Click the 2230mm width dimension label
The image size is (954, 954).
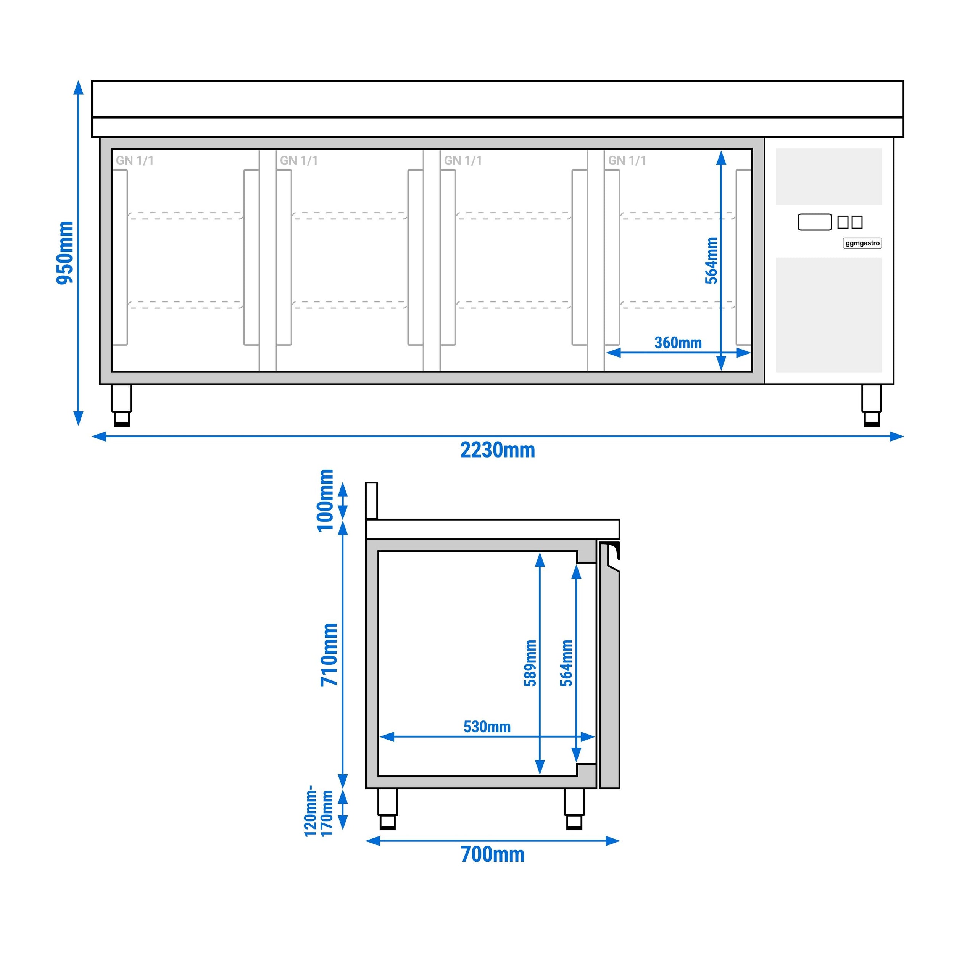(497, 450)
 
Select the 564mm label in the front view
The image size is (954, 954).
(711, 261)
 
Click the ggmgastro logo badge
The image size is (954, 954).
(862, 243)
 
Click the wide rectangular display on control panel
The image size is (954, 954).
(814, 222)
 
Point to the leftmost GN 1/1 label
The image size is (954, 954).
(135, 161)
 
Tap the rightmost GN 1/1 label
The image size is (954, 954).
(627, 161)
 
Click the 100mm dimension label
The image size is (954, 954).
(326, 501)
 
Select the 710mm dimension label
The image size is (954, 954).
(329, 655)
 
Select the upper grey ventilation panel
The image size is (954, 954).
(828, 176)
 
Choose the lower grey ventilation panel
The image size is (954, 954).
(828, 314)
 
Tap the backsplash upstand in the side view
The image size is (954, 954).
(371, 501)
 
